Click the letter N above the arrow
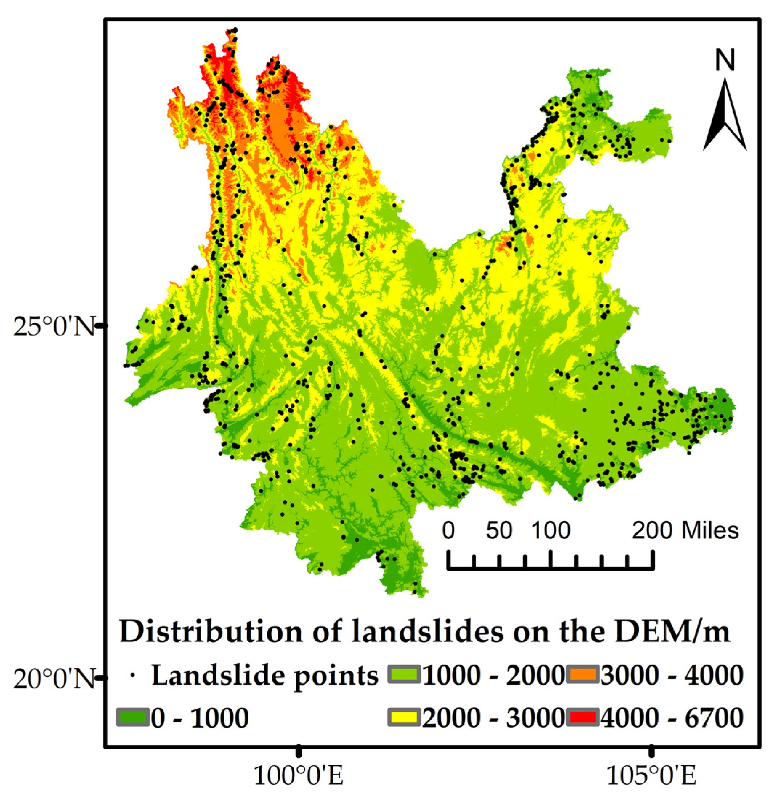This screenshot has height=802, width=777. point(725,60)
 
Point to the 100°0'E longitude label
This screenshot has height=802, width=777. point(299,775)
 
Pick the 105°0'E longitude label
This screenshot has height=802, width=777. point(651,775)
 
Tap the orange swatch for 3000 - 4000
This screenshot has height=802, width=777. point(583,675)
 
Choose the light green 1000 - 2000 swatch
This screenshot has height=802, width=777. point(404,675)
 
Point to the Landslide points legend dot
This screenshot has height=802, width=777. point(132,676)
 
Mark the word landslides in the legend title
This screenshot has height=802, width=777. point(427,632)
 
